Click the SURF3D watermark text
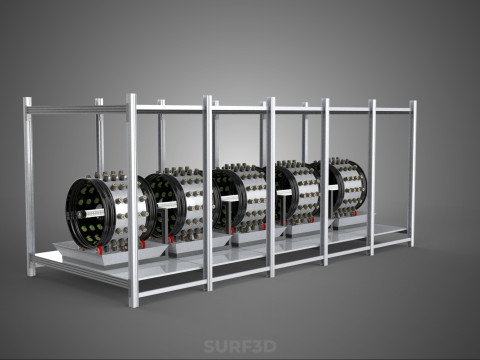(x=240, y=346)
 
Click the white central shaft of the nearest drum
(x=92, y=213)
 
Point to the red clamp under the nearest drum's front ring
(x=100, y=249)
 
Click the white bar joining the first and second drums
(x=167, y=205)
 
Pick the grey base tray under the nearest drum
(x=110, y=253)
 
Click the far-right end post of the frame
(x=413, y=173)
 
